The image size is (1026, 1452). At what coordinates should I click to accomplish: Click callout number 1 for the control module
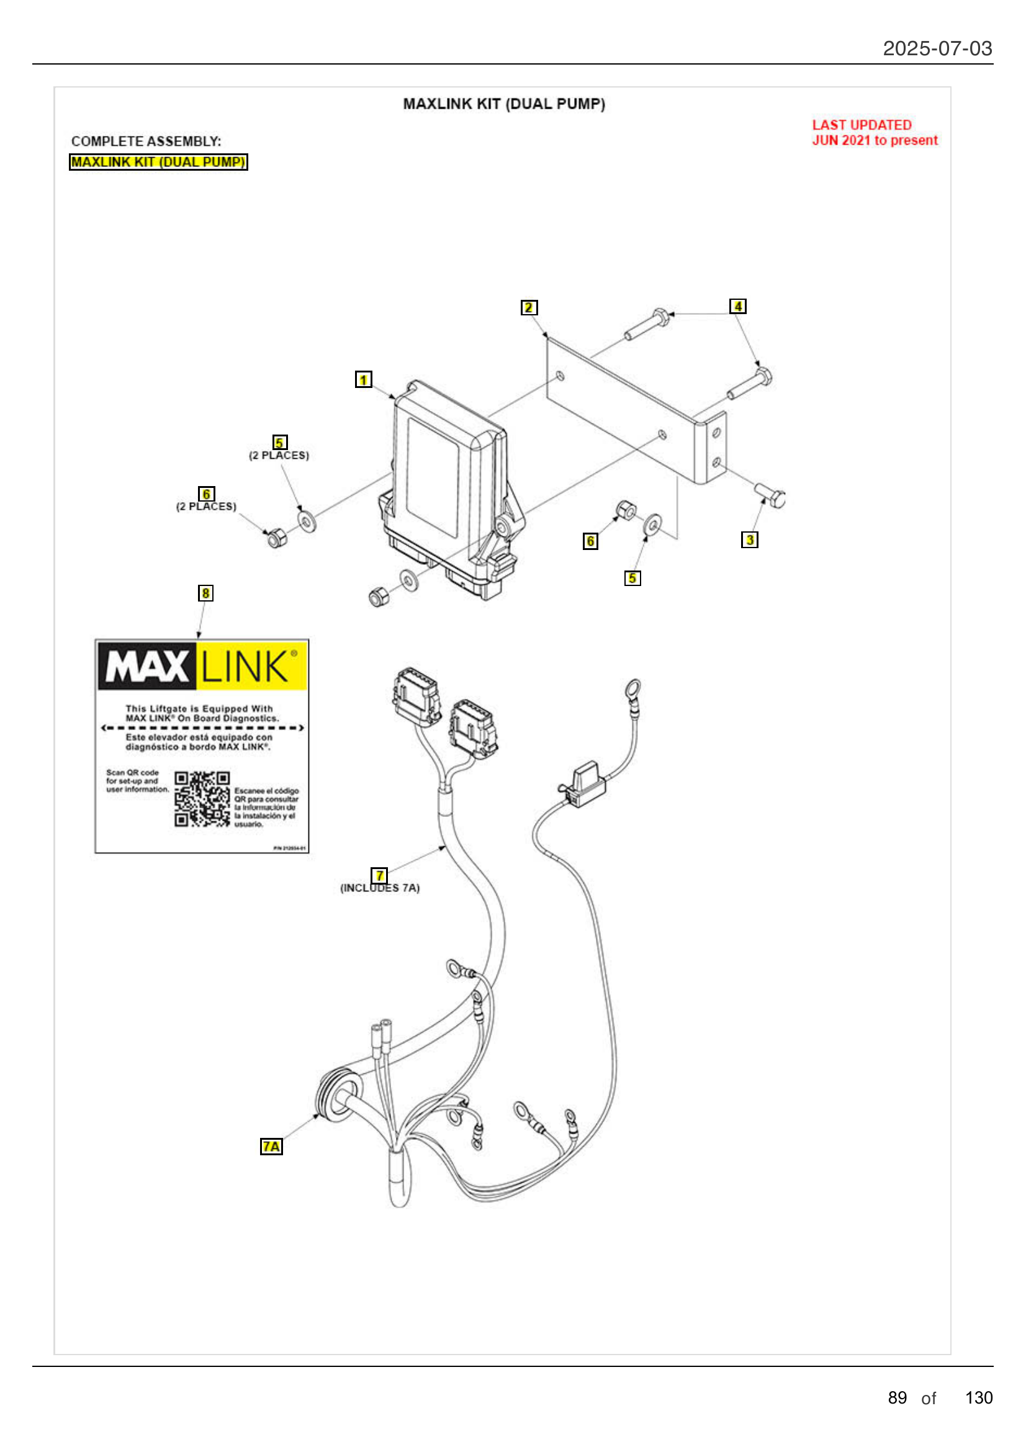pyautogui.click(x=363, y=379)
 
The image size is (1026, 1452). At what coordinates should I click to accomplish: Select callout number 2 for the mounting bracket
pyautogui.click(x=528, y=307)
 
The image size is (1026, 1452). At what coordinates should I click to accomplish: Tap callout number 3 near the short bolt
pyautogui.click(x=749, y=539)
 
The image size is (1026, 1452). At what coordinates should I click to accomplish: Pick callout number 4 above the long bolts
pyautogui.click(x=737, y=306)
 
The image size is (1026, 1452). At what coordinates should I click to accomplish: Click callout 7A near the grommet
pyautogui.click(x=271, y=1146)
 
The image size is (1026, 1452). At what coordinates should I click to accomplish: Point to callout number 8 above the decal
pyautogui.click(x=205, y=593)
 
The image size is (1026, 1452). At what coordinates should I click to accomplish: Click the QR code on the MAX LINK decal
pyautogui.click(x=202, y=799)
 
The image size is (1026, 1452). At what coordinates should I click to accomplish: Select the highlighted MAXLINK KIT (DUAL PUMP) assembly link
pyautogui.click(x=158, y=162)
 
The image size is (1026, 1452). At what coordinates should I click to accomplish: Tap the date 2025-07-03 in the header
pyautogui.click(x=937, y=48)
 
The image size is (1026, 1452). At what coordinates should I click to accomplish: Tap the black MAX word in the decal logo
pyautogui.click(x=146, y=666)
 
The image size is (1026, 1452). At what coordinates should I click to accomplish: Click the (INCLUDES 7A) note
pyautogui.click(x=380, y=888)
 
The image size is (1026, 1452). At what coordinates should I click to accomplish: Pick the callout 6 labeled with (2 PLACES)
pyautogui.click(x=206, y=494)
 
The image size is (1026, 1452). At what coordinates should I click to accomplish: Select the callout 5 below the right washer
pyautogui.click(x=632, y=578)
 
